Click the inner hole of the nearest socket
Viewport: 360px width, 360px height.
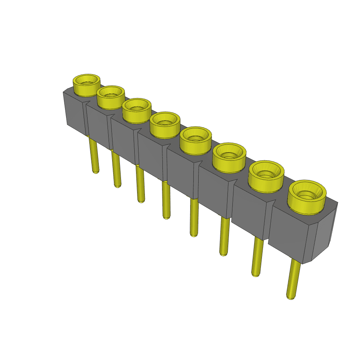(307, 194)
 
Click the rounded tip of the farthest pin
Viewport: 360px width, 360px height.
(95, 172)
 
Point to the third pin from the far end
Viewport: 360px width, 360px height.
(140, 185)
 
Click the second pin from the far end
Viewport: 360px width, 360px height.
(117, 169)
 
